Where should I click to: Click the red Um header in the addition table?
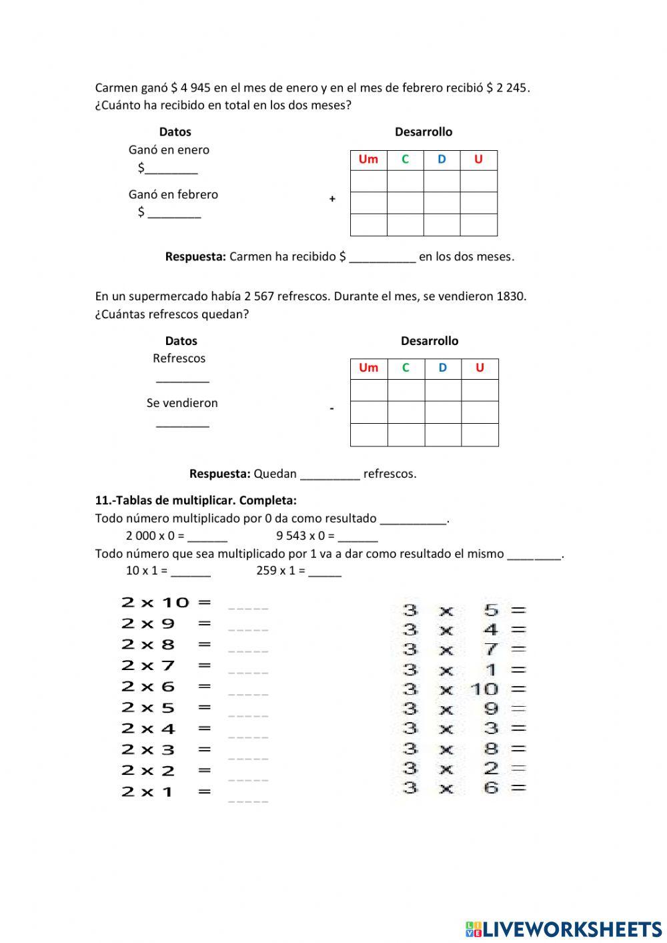click(x=368, y=160)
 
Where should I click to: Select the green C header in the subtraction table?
click(x=406, y=368)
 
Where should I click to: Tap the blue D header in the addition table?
click(x=442, y=160)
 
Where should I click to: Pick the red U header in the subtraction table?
click(x=480, y=368)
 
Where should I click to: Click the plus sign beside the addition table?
click(x=332, y=199)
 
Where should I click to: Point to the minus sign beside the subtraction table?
click(x=331, y=408)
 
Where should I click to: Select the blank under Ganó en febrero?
click(x=174, y=213)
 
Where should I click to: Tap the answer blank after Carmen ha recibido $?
click(x=382, y=258)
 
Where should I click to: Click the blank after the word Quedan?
click(x=329, y=475)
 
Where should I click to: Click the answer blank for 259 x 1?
click(x=325, y=572)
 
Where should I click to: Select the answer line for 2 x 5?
click(x=248, y=711)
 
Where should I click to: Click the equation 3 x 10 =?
click(x=464, y=689)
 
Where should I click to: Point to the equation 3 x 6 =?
click(x=464, y=788)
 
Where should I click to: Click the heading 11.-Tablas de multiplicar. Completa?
click(x=196, y=501)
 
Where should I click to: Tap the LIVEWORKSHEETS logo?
click(x=564, y=928)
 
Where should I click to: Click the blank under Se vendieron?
click(x=182, y=423)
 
